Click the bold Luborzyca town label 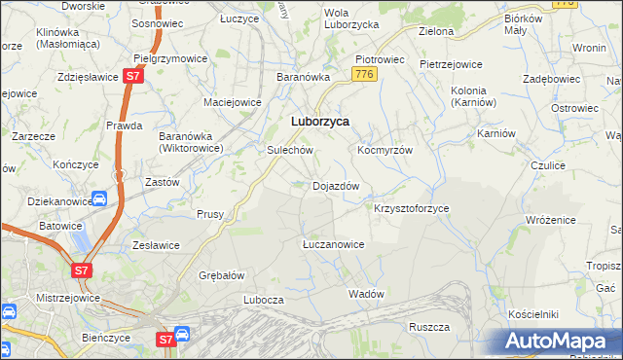(x=320, y=122)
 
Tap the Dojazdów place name (x=336, y=186)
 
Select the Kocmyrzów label (x=385, y=151)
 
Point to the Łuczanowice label (x=333, y=244)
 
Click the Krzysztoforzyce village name (x=412, y=208)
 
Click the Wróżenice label (x=553, y=221)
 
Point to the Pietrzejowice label (x=451, y=64)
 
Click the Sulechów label (x=289, y=151)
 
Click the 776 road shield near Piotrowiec (x=365, y=74)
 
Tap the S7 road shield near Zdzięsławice (x=134, y=75)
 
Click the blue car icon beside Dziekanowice (x=99, y=198)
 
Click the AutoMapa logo (x=559, y=342)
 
